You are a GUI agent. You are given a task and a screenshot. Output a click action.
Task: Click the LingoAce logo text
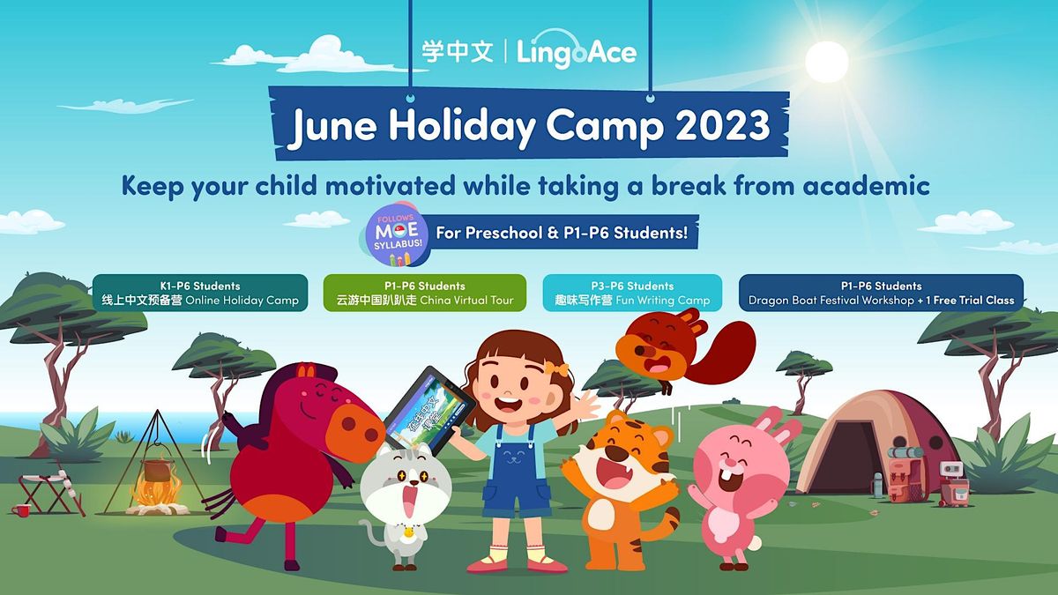click(576, 52)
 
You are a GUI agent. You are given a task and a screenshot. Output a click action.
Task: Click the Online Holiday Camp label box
click(200, 294)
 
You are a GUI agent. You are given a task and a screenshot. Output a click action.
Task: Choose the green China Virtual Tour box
click(424, 294)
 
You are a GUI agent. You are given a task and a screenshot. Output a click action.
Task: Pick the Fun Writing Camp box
click(631, 294)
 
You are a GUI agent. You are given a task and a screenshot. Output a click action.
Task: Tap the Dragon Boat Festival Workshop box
click(881, 294)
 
